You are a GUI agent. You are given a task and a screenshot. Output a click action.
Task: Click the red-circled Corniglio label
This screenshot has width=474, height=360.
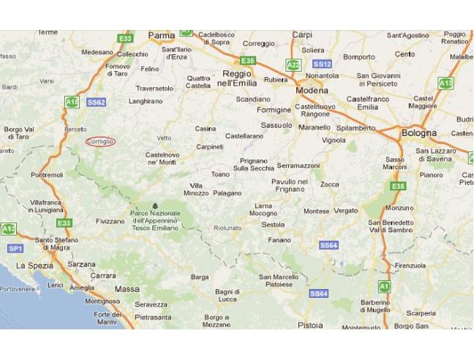[x=100, y=141]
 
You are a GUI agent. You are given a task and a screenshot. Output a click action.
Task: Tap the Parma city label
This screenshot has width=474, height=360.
[x=162, y=35]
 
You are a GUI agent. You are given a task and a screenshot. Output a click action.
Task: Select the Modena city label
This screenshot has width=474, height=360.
[x=312, y=91]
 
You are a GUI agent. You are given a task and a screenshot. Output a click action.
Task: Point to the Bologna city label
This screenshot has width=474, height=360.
[x=418, y=133]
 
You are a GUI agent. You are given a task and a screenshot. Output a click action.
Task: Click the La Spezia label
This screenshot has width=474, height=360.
[x=35, y=266]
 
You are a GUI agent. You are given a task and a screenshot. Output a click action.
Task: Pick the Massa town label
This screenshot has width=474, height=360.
[x=127, y=289]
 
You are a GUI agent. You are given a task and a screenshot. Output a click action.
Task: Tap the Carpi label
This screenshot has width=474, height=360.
[x=301, y=35]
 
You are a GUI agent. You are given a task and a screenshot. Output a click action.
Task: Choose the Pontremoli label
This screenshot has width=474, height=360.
[x=48, y=176]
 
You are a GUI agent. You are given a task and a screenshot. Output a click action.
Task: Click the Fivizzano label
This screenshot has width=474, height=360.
[x=110, y=221]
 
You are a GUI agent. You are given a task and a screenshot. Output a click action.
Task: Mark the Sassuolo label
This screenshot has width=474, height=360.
[x=276, y=125]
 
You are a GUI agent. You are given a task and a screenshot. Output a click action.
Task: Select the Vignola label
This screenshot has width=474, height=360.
[x=334, y=140]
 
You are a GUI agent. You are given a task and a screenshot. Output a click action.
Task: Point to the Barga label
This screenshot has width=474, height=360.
[x=200, y=277]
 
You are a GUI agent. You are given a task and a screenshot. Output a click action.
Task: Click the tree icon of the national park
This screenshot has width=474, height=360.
[x=154, y=206]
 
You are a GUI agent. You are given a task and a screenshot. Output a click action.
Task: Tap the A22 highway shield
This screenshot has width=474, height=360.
[x=293, y=64]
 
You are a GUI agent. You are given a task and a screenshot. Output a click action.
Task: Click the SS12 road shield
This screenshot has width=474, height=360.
[x=322, y=64]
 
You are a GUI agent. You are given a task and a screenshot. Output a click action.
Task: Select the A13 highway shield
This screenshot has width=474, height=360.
[x=445, y=83]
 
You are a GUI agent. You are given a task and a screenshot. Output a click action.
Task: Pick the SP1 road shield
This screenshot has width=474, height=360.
[x=15, y=249]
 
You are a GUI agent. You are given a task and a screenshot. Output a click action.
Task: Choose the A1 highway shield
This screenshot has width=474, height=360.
[x=383, y=285]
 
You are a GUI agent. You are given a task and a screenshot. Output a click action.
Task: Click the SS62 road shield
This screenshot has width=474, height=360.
[x=97, y=102]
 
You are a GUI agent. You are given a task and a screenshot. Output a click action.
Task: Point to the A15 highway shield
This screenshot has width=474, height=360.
[x=72, y=102]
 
